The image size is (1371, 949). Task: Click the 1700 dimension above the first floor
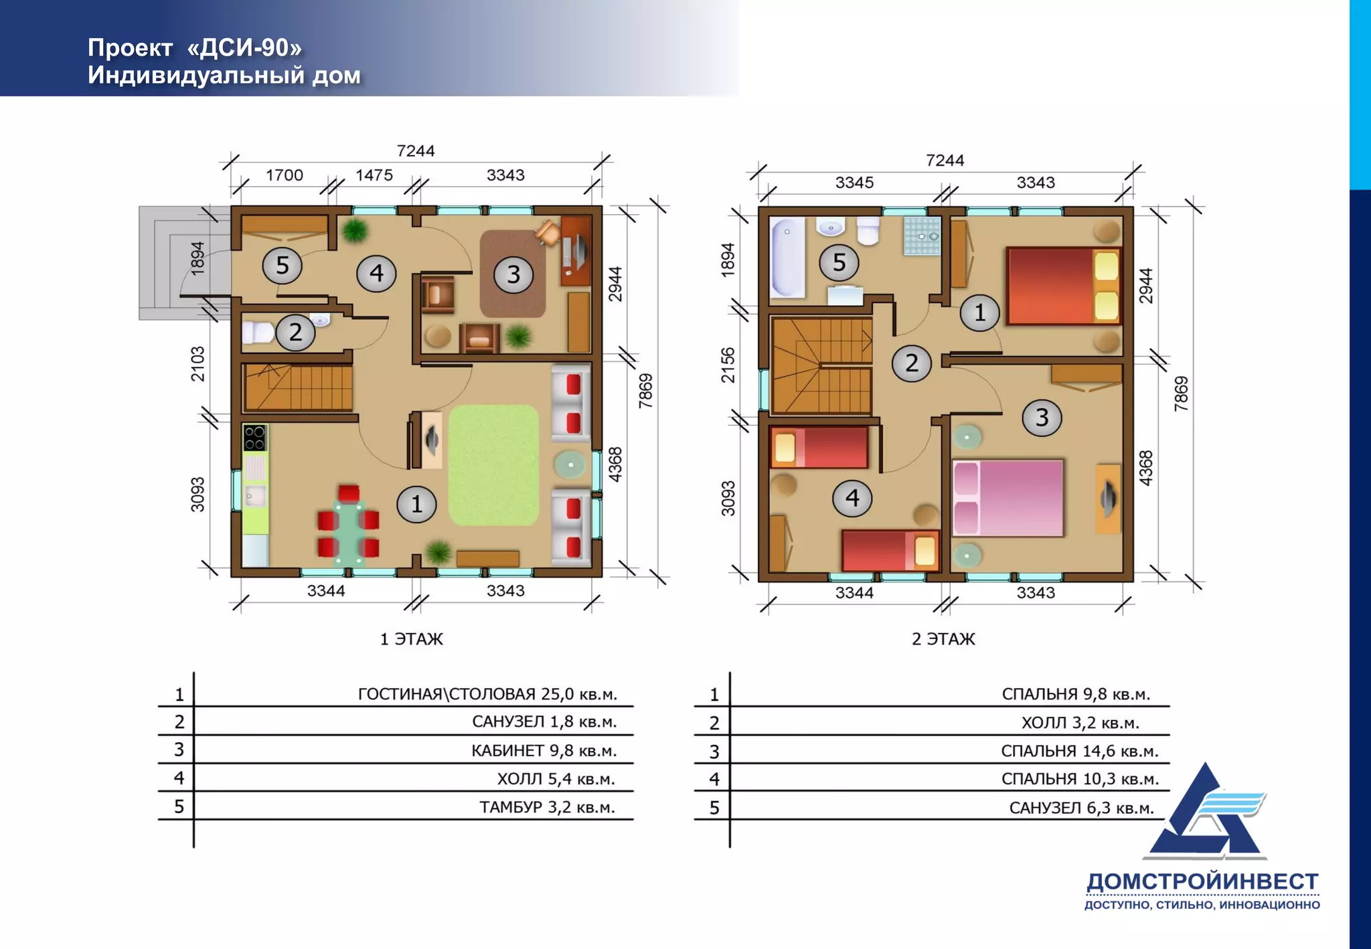[285, 175]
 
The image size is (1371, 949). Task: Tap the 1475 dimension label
[374, 175]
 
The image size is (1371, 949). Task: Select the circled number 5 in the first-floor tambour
[282, 265]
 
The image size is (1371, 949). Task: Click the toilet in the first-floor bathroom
[258, 332]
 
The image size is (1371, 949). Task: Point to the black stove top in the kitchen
[255, 438]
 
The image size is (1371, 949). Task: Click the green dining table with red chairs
[349, 523]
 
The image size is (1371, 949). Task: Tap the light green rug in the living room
[493, 465]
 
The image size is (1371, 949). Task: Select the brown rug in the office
[513, 274]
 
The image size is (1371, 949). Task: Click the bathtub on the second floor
[787, 257]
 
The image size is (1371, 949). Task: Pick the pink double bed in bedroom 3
[1007, 498]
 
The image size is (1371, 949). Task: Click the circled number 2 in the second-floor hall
[912, 363]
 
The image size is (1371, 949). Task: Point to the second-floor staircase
[821, 365]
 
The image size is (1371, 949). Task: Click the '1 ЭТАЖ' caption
[412, 639]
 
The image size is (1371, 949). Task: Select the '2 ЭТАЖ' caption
[943, 639]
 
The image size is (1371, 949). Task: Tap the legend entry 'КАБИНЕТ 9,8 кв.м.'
[544, 751]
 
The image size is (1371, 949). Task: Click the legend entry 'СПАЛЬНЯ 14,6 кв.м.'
[1080, 752]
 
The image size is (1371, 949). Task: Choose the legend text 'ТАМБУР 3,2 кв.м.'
[547, 808]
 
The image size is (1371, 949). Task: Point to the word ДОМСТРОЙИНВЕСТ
[1202, 882]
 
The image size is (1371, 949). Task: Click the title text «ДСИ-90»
[244, 48]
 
